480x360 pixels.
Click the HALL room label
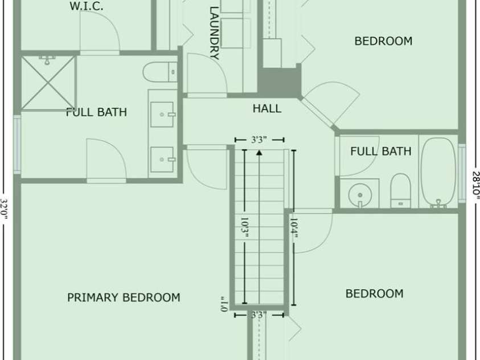pyautogui.click(x=266, y=109)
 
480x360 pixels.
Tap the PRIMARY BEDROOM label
pyautogui.click(x=124, y=297)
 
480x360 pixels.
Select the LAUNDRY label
pyautogui.click(x=214, y=33)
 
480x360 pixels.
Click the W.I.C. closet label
pyautogui.click(x=87, y=6)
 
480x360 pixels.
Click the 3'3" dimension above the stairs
pyautogui.click(x=259, y=140)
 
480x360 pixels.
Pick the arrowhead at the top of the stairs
pyautogui.click(x=259, y=152)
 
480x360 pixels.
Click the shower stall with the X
pyautogui.click(x=48, y=83)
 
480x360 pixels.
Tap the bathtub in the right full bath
pyautogui.click(x=438, y=173)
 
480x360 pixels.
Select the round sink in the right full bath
pyautogui.click(x=360, y=195)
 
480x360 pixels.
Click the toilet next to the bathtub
pyautogui.click(x=400, y=190)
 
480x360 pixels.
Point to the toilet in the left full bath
pyautogui.click(x=160, y=72)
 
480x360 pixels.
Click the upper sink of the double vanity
pyautogui.click(x=162, y=114)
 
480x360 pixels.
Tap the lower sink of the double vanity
pyautogui.click(x=162, y=159)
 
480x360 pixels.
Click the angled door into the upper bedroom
pyautogui.click(x=318, y=112)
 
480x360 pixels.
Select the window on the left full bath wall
pyautogui.click(x=17, y=145)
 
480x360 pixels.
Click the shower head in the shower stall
pyautogui.click(x=47, y=59)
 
